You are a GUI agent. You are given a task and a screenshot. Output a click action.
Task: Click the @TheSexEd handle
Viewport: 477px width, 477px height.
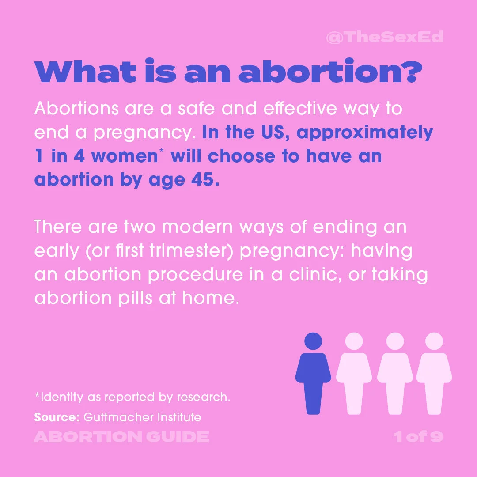(x=384, y=37)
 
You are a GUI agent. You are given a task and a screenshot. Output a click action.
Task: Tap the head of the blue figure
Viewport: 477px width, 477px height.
(x=313, y=341)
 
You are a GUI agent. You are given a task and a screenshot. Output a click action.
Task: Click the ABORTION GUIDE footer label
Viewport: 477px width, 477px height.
(x=121, y=437)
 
